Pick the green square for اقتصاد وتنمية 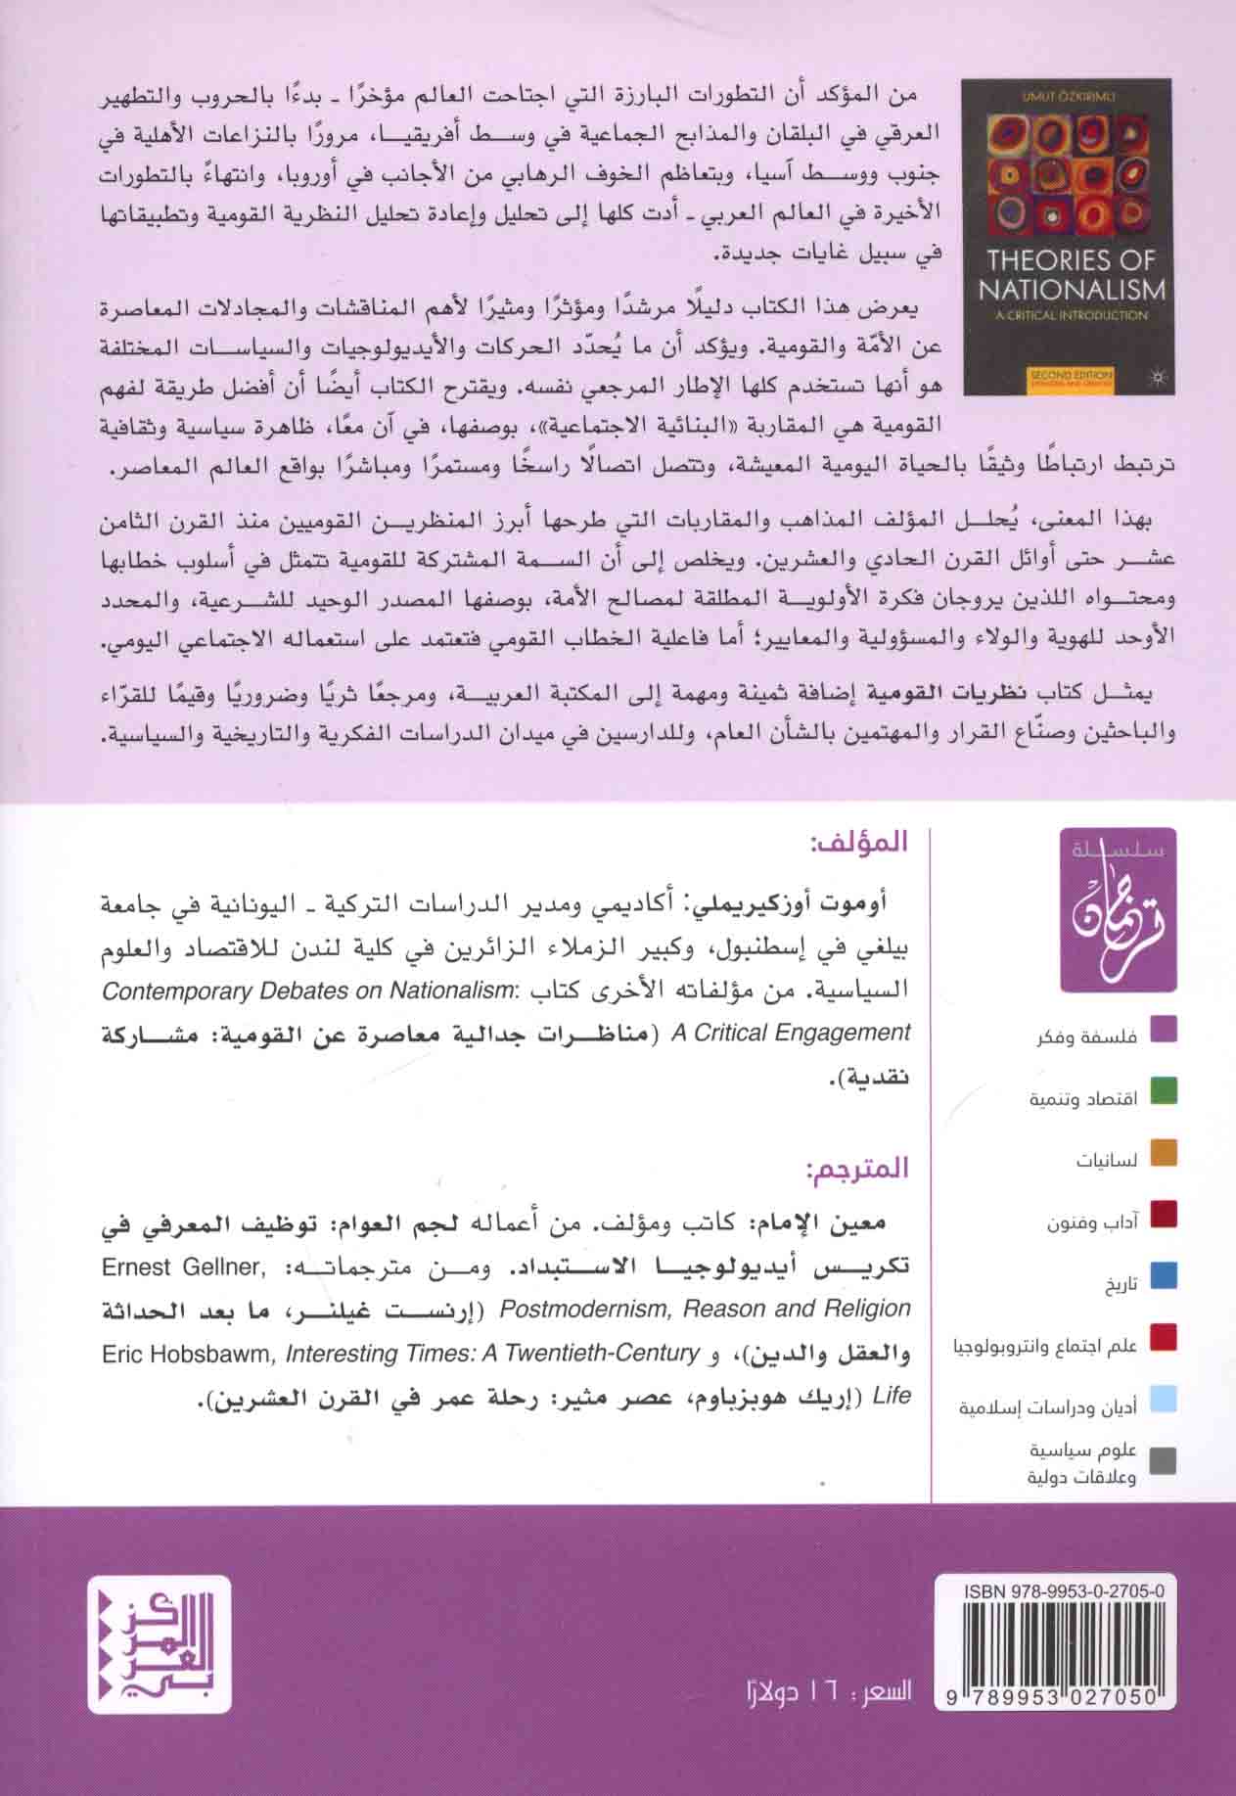coord(1163,1092)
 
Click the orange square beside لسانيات coord(1163,1154)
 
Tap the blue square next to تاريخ coord(1163,1276)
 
